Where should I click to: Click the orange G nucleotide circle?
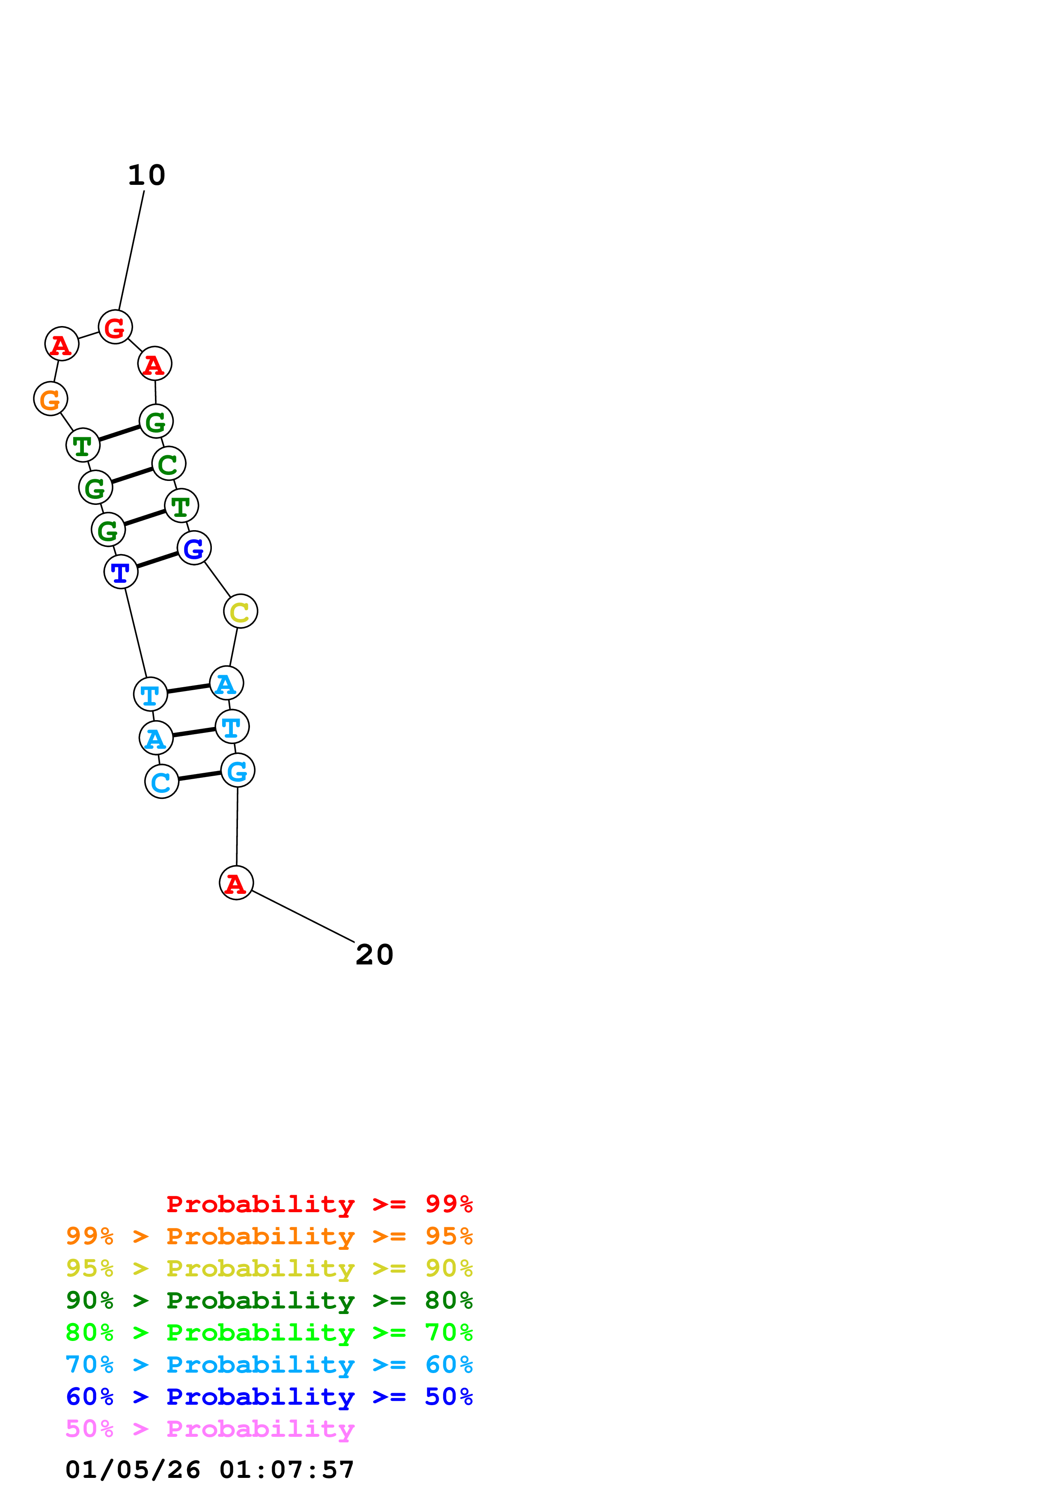click(51, 399)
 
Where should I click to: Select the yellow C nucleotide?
click(241, 611)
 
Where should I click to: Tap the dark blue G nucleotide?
click(194, 548)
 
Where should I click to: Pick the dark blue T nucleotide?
click(121, 571)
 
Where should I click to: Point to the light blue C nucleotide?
click(161, 781)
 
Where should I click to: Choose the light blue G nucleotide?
click(237, 770)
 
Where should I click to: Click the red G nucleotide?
click(115, 327)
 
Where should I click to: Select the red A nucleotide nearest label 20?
click(236, 883)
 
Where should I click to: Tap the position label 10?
click(146, 175)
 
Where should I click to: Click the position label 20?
click(374, 955)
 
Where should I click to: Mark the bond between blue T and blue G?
click(158, 560)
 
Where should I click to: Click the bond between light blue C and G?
click(199, 776)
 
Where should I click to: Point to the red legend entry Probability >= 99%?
click(319, 1204)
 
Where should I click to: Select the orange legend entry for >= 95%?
click(269, 1236)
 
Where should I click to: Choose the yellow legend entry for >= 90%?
click(269, 1268)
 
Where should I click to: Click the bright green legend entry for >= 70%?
click(269, 1332)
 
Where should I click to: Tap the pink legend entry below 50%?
click(210, 1428)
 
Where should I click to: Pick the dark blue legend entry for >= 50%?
click(269, 1397)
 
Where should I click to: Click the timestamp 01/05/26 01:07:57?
click(210, 1470)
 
